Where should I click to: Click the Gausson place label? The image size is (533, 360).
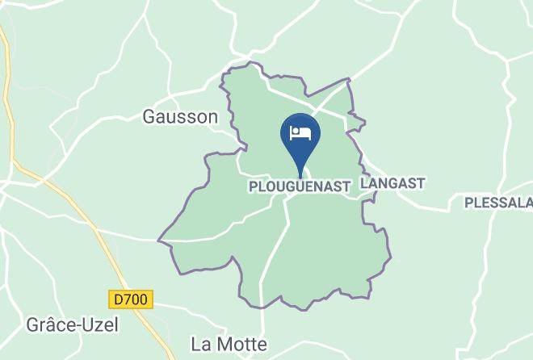[x=180, y=117]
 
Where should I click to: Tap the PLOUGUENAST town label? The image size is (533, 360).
[x=299, y=186]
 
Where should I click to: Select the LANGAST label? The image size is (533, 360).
[x=392, y=184]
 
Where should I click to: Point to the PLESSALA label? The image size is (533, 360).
[x=498, y=202]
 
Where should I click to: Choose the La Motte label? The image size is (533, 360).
[x=229, y=344]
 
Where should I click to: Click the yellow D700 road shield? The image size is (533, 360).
[x=131, y=299]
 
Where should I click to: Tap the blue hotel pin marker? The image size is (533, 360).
[x=300, y=135]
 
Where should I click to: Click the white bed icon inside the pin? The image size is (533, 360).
[x=300, y=132]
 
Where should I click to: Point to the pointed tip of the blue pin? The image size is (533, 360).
[x=300, y=175]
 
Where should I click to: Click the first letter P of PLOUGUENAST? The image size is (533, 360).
[x=251, y=186]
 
